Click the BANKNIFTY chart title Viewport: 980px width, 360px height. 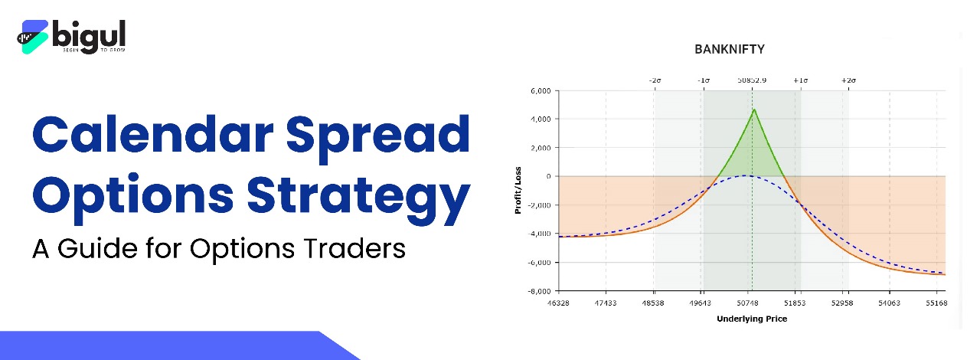(x=729, y=49)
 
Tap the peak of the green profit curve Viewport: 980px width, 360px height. (x=753, y=110)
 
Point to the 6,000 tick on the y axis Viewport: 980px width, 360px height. (x=541, y=91)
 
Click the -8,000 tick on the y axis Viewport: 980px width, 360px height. (x=539, y=291)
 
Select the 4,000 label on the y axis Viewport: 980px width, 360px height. (x=541, y=119)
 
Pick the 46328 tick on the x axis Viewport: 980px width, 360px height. (x=559, y=304)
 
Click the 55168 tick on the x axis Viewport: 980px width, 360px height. (x=937, y=304)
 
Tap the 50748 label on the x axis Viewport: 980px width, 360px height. (x=748, y=304)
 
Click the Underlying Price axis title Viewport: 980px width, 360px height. (x=751, y=319)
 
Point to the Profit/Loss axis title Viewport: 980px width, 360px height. (x=518, y=191)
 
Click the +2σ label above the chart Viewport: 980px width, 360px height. (x=848, y=80)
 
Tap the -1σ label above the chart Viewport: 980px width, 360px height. (x=704, y=80)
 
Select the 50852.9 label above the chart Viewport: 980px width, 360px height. (x=752, y=80)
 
